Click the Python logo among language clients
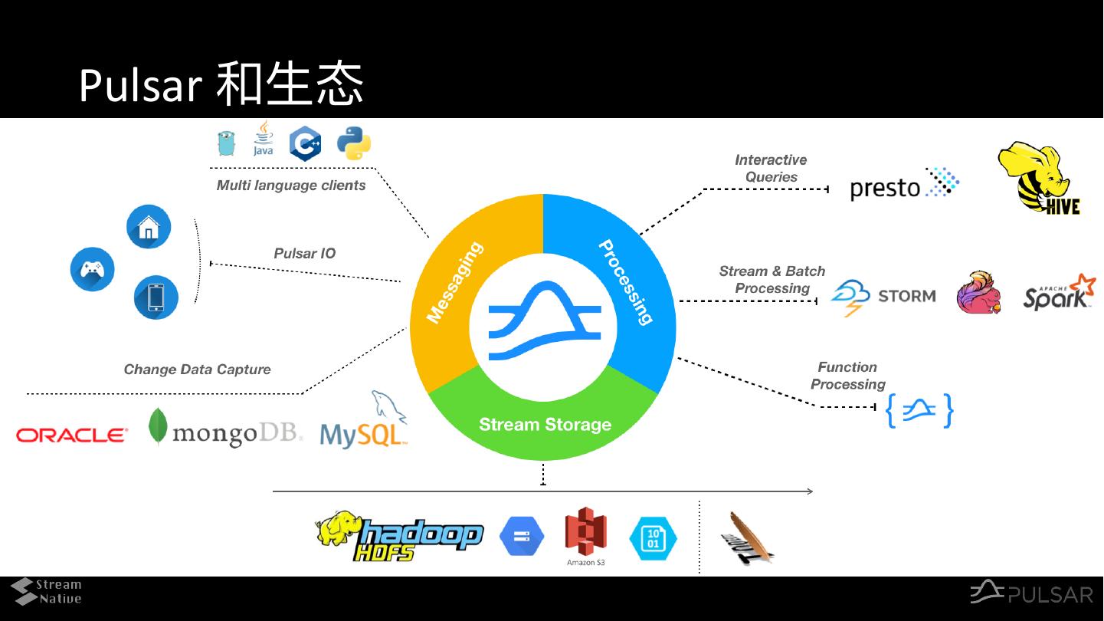click(354, 143)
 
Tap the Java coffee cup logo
click(263, 139)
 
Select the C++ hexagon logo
click(305, 144)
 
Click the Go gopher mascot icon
click(226, 143)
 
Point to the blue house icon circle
click(149, 227)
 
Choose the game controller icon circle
click(93, 269)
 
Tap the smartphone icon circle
click(156, 297)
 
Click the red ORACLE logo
click(72, 435)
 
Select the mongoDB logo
click(226, 431)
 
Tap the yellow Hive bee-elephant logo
click(1040, 179)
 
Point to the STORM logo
click(883, 297)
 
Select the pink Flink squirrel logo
click(979, 293)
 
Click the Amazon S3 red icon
click(585, 535)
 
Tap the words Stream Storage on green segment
click(545, 425)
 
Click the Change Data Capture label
click(198, 370)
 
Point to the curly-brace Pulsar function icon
click(919, 411)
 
